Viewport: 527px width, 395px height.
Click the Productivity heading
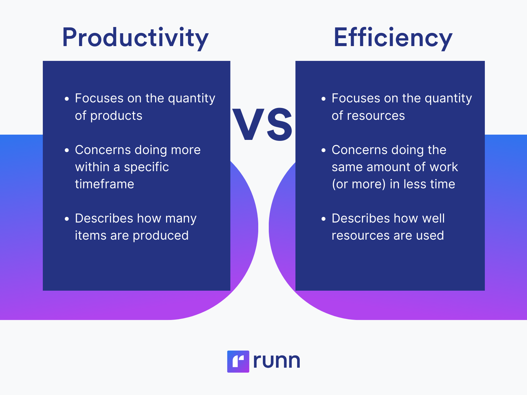(135, 38)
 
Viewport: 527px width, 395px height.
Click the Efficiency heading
(393, 38)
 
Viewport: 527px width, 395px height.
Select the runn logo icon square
(238, 361)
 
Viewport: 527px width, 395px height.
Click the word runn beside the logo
(277, 361)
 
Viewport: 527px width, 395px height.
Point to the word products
(116, 116)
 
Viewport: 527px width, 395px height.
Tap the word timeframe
(104, 184)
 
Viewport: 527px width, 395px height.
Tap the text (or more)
(359, 184)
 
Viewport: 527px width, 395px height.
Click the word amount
(388, 167)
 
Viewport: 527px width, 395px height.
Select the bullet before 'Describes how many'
(67, 219)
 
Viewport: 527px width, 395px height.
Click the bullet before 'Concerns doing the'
(323, 150)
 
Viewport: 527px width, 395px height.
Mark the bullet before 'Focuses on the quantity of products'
(67, 99)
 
